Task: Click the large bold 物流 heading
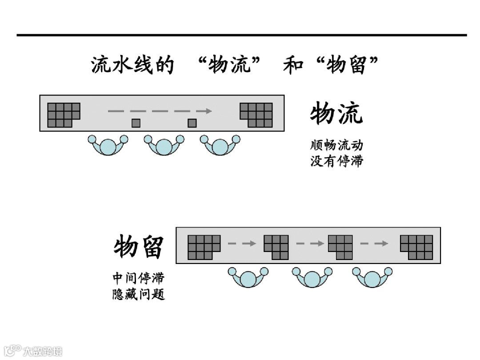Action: pyautogui.click(x=336, y=113)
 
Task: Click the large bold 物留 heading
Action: pyautogui.click(x=139, y=247)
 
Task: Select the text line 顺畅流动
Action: pyautogui.click(x=336, y=145)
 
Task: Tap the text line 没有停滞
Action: pyautogui.click(x=336, y=160)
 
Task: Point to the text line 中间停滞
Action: pyautogui.click(x=138, y=278)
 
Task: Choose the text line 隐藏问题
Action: pyautogui.click(x=138, y=294)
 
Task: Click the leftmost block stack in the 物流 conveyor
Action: pyautogui.click(x=63, y=115)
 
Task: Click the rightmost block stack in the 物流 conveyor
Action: pyautogui.click(x=256, y=115)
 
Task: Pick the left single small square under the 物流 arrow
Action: pyautogui.click(x=136, y=123)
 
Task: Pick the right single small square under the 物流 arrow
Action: pyautogui.click(x=192, y=123)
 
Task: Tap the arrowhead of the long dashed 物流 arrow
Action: pyautogui.click(x=207, y=111)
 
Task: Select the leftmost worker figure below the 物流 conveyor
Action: pyautogui.click(x=108, y=145)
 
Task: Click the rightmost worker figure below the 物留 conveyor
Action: pyautogui.click(x=372, y=278)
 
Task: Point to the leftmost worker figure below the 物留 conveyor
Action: pyautogui.click(x=248, y=278)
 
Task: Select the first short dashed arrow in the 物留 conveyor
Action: pyautogui.click(x=242, y=244)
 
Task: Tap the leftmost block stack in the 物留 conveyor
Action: pyautogui.click(x=204, y=247)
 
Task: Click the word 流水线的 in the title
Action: pyautogui.click(x=132, y=65)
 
